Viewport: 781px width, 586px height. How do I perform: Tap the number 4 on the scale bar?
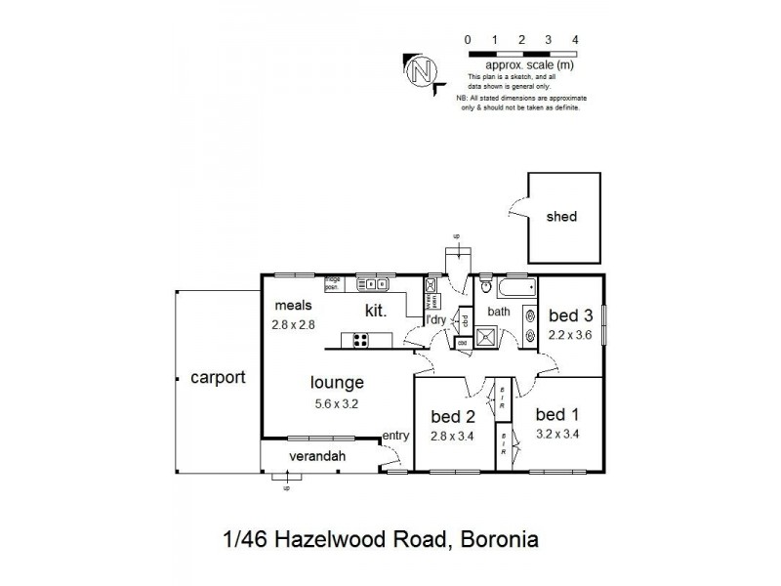pyautogui.click(x=576, y=39)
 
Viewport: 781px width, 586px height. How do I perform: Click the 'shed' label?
pyautogui.click(x=562, y=217)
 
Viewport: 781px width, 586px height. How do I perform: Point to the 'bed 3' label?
pyautogui.click(x=570, y=314)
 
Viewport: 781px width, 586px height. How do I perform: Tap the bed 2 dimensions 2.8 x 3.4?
pyautogui.click(x=452, y=436)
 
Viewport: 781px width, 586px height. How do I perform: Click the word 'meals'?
pyautogui.click(x=293, y=305)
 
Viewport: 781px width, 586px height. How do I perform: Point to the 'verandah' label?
pyautogui.click(x=318, y=456)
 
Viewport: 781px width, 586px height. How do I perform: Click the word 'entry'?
pyautogui.click(x=395, y=436)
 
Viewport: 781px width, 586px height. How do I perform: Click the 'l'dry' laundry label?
pyautogui.click(x=433, y=319)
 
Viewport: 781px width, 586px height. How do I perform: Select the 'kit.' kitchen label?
pyautogui.click(x=376, y=312)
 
